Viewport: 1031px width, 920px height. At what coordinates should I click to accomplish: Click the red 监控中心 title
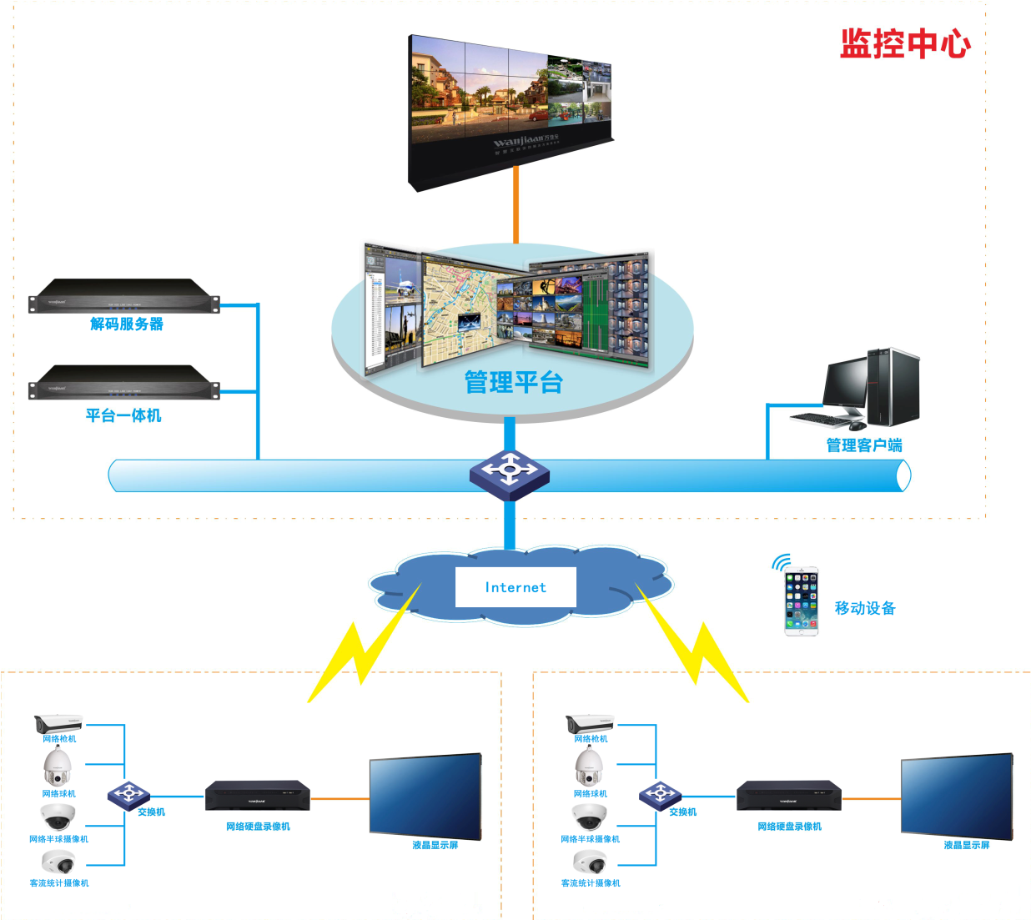[905, 43]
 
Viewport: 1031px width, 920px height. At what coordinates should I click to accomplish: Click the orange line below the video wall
[516, 204]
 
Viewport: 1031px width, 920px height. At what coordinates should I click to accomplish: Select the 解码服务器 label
[127, 324]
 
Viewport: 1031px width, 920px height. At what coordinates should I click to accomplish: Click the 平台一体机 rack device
[124, 382]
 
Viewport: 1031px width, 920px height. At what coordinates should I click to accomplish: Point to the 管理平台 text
[514, 383]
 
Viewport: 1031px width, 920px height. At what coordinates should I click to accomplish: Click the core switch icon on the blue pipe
[509, 474]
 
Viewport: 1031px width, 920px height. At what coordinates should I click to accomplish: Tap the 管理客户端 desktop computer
[872, 389]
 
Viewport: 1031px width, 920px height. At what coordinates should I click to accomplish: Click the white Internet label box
[515, 587]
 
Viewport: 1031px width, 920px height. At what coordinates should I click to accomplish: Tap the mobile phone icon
[802, 601]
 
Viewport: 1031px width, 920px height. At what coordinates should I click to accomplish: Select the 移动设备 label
[865, 608]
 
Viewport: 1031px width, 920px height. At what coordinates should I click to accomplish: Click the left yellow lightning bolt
[363, 646]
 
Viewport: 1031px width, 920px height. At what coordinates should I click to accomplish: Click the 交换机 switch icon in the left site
[128, 795]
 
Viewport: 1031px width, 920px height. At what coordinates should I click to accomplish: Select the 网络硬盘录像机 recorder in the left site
[258, 796]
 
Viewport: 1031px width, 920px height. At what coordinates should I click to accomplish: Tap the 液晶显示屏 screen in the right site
[957, 797]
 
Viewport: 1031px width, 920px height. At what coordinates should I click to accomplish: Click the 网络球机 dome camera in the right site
[589, 767]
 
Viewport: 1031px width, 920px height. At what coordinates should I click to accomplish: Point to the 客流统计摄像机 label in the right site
[591, 883]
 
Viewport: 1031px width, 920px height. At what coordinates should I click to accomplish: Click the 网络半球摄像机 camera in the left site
[58, 817]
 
